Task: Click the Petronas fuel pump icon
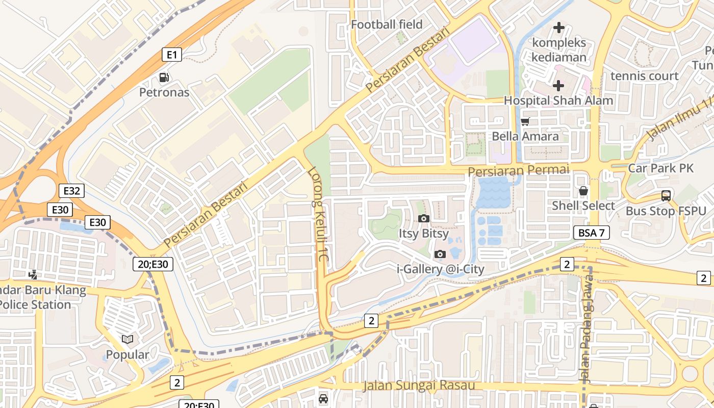(x=164, y=78)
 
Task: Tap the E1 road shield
(x=172, y=55)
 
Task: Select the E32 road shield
(x=71, y=191)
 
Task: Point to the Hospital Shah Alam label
(x=558, y=100)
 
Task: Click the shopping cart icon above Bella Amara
(x=525, y=121)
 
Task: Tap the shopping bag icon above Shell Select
(x=583, y=191)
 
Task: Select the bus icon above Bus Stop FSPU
(x=666, y=196)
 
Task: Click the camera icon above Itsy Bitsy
(x=423, y=219)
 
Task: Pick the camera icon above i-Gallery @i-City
(x=440, y=254)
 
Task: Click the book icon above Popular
(x=127, y=339)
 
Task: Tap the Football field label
(x=387, y=24)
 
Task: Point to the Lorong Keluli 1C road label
(x=318, y=214)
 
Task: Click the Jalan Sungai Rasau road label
(x=419, y=386)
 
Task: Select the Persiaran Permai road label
(x=518, y=170)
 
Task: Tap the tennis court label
(x=645, y=76)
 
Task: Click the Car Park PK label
(x=660, y=168)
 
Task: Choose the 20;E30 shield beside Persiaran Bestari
(x=153, y=264)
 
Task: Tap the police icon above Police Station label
(x=33, y=275)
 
